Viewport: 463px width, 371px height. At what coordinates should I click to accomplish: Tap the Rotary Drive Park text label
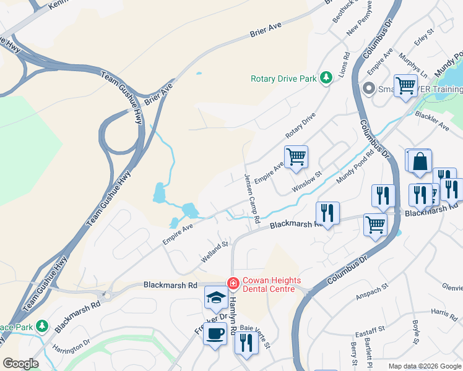(283, 79)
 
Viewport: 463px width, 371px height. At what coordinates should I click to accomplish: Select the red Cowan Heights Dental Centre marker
(233, 283)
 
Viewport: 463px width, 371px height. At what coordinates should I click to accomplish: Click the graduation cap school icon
(215, 299)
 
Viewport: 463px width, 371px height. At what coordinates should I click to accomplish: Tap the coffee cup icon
(215, 335)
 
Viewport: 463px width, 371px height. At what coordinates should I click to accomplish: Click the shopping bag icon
(420, 161)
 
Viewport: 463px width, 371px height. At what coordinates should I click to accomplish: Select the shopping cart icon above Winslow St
(296, 156)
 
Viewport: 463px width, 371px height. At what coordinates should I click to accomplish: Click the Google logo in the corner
(20, 364)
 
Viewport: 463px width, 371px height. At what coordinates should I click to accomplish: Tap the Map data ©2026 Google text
(424, 365)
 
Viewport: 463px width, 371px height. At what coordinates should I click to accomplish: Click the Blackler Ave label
(433, 121)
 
